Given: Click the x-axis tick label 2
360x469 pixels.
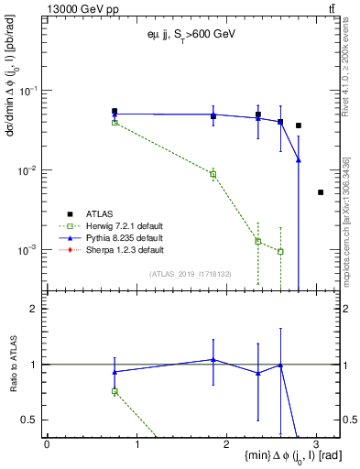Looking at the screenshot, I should pyautogui.click(x=226, y=442).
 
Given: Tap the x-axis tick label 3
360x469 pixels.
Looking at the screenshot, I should pyautogui.click(x=316, y=442).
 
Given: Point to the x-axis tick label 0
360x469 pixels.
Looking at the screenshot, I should pyautogui.click(x=47, y=442).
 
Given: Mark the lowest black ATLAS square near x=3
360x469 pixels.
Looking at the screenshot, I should pyautogui.click(x=321, y=192).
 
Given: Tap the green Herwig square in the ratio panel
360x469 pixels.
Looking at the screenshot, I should pyautogui.click(x=115, y=391).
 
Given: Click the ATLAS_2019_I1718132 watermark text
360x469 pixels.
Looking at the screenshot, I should pyautogui.click(x=191, y=274).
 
